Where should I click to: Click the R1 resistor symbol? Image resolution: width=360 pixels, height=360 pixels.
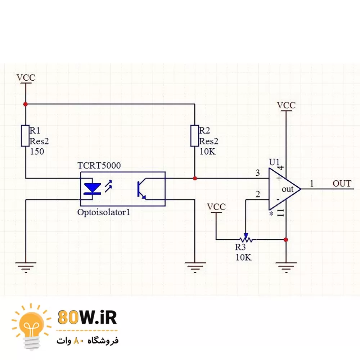(x=25, y=136)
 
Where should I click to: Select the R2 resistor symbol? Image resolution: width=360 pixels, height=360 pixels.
(x=194, y=136)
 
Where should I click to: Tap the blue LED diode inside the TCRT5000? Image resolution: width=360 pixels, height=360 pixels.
(x=92, y=188)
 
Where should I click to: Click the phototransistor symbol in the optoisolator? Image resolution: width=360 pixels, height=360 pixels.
(x=141, y=189)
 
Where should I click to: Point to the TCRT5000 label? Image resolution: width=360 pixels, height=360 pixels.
(x=99, y=166)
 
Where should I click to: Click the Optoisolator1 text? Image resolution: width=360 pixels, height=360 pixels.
(x=103, y=212)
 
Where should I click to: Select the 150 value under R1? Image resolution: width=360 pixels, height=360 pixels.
(x=37, y=152)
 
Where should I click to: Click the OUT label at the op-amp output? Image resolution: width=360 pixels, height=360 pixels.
(x=342, y=184)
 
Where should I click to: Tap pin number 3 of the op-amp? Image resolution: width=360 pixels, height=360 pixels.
(x=257, y=173)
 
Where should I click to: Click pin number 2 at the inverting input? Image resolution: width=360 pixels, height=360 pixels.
(x=257, y=195)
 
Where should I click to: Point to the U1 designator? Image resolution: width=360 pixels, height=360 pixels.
(x=274, y=162)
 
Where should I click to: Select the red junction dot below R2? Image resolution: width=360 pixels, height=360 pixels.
(x=195, y=178)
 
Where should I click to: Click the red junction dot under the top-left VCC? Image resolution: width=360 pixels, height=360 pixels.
(x=25, y=104)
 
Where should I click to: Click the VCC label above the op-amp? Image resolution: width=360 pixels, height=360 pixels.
(x=286, y=105)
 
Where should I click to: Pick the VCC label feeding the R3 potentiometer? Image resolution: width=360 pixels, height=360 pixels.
(x=216, y=207)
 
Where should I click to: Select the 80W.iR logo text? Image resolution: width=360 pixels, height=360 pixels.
(x=87, y=318)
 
